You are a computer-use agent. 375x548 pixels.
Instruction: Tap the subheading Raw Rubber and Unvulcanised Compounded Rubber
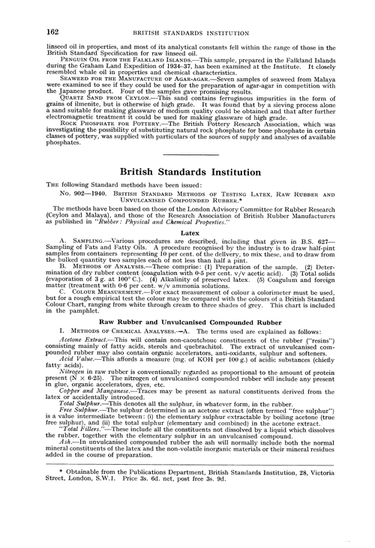(x=187, y=342)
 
